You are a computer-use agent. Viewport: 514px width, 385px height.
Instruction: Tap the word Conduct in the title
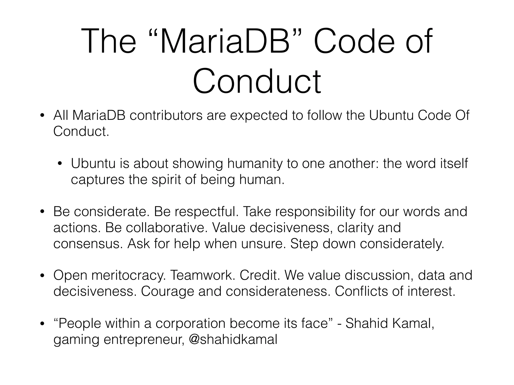point(257,81)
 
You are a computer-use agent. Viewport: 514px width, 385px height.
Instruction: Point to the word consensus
point(88,244)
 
